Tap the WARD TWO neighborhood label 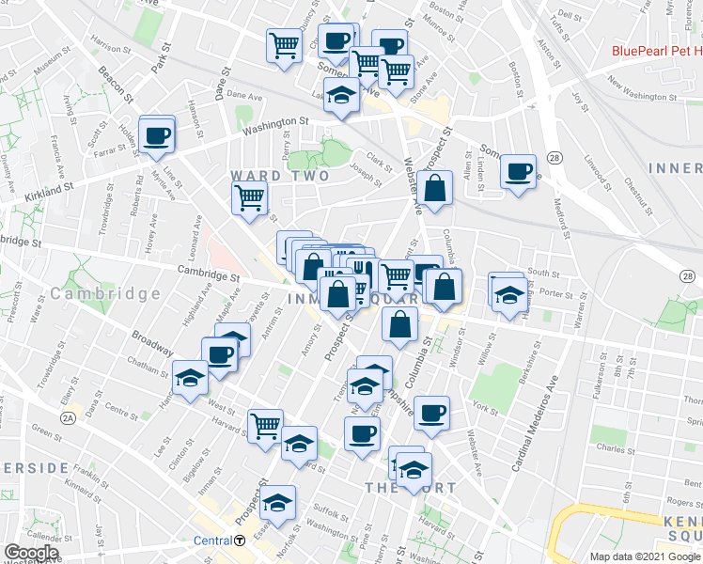(x=280, y=176)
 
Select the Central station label (x=211, y=540)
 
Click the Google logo (x=31, y=553)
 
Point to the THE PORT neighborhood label (x=411, y=488)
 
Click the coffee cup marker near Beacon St (x=158, y=134)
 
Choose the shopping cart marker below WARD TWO (x=250, y=197)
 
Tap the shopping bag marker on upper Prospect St (x=435, y=189)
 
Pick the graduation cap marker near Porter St (x=508, y=293)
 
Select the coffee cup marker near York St (x=431, y=413)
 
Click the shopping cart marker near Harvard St (x=265, y=426)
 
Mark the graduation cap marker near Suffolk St (x=278, y=502)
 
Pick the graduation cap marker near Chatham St (x=190, y=379)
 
